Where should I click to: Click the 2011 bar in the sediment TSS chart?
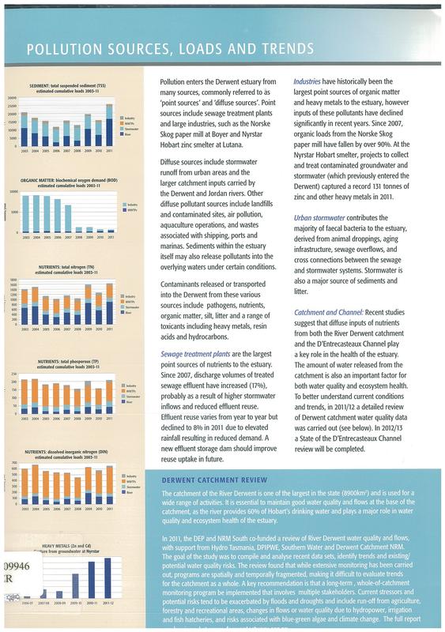[x=108, y=132]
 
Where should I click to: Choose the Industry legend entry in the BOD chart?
[x=131, y=205]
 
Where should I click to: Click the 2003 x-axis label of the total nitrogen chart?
[x=26, y=329]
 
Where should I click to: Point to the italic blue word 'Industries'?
[x=312, y=81]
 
